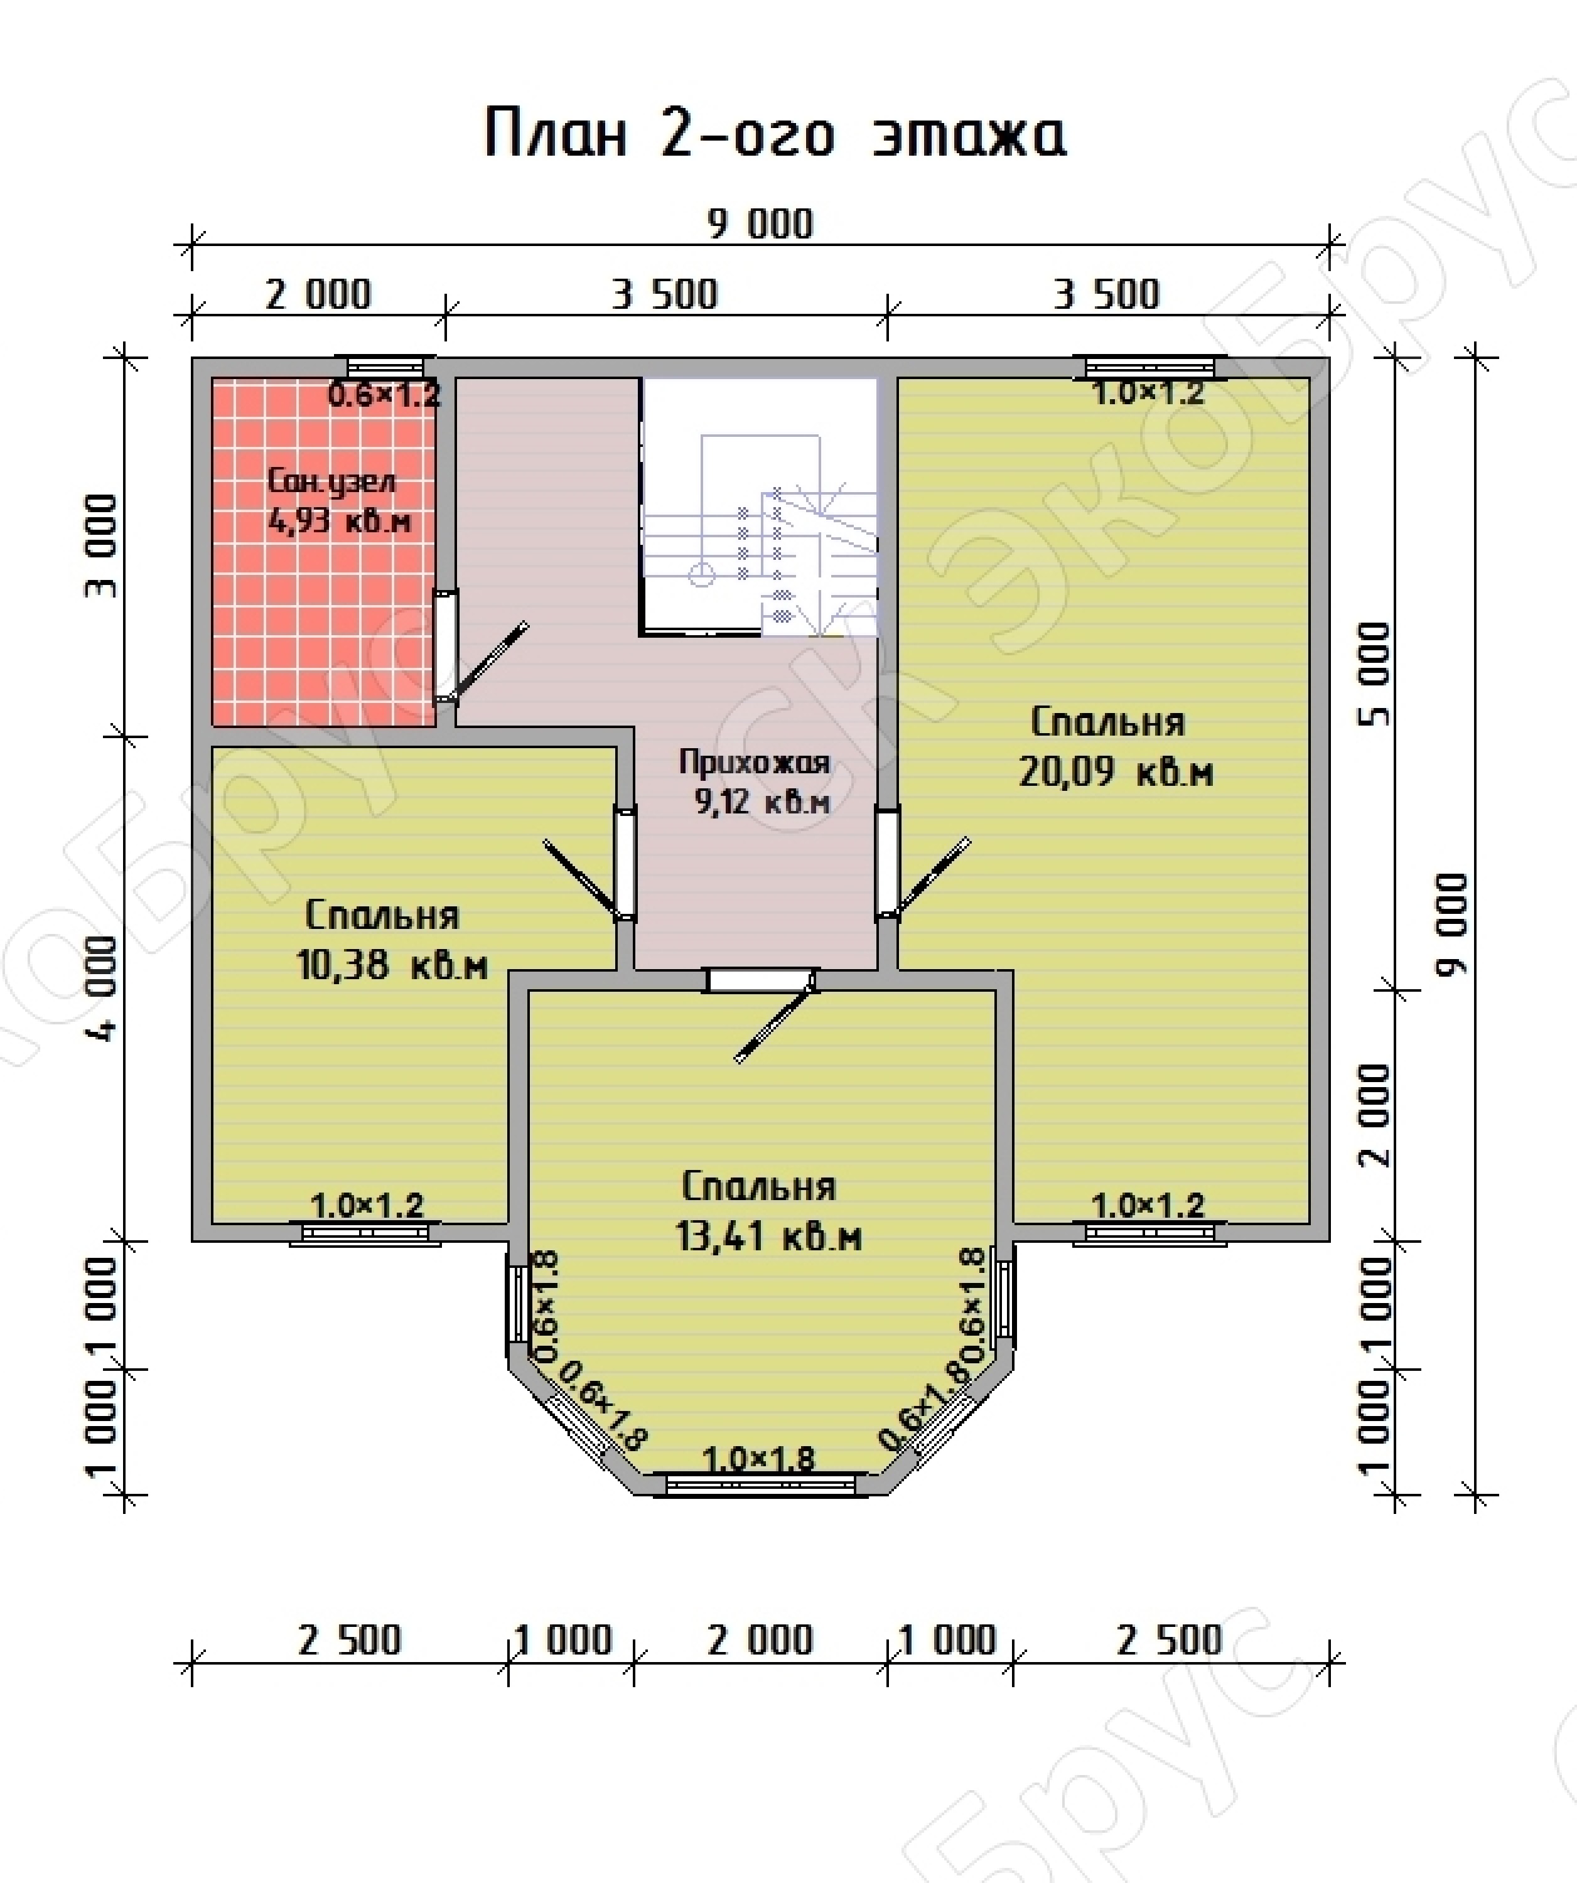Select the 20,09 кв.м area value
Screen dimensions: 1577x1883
[x=1115, y=772]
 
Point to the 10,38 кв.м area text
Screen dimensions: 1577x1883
[x=392, y=966]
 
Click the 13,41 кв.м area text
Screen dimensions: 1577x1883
[x=769, y=1237]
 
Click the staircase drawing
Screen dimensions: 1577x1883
[x=759, y=507]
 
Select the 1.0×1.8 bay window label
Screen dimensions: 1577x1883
[x=759, y=1460]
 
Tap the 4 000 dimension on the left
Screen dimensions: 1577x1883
[x=103, y=989]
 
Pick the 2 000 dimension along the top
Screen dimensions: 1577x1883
[x=318, y=294]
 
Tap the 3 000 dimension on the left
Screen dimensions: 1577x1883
[x=103, y=545]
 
